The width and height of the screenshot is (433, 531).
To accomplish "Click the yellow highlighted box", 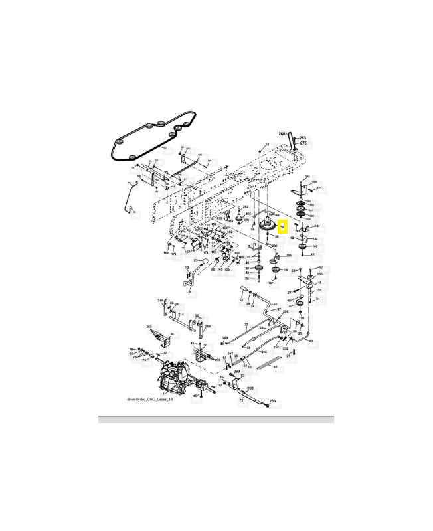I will pyautogui.click(x=282, y=228).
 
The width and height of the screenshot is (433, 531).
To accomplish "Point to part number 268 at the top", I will pyautogui.click(x=282, y=134).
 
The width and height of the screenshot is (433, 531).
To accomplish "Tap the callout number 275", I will pyautogui.click(x=303, y=143).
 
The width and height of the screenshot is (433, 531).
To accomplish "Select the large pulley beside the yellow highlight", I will pyautogui.click(x=269, y=226).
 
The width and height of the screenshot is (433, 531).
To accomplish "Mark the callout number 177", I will pyautogui.click(x=253, y=244).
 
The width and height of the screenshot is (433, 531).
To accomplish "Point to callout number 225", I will pyautogui.click(x=248, y=214).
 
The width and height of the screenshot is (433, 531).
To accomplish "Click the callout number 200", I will pyautogui.click(x=274, y=245).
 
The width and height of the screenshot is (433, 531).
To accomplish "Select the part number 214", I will pyautogui.click(x=181, y=315).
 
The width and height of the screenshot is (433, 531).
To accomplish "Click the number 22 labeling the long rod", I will pyautogui.click(x=246, y=325).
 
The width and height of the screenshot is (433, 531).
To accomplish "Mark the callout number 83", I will pyautogui.click(x=311, y=341).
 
